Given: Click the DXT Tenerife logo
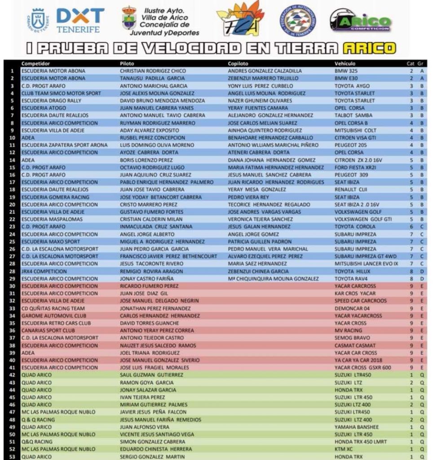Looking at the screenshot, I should point(80,21).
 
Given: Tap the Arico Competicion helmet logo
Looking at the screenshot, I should point(360,20).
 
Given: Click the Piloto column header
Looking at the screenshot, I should point(127,64).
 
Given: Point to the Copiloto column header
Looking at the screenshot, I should point(238,64).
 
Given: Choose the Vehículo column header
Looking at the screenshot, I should point(345,64).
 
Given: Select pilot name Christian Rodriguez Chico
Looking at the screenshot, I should point(153,71).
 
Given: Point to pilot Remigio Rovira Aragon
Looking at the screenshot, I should point(151,271).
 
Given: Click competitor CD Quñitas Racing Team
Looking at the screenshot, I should point(53,308).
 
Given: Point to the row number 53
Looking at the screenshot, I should point(12,456).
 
